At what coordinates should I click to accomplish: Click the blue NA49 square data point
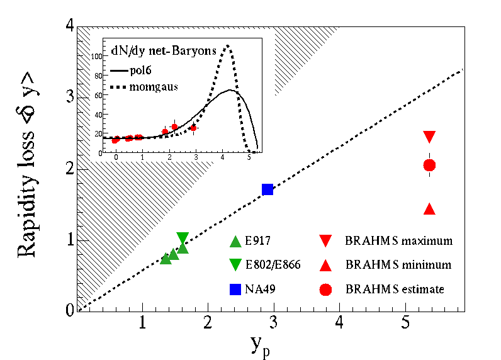tap(267, 189)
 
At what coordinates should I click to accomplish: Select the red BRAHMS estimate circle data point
tap(430, 165)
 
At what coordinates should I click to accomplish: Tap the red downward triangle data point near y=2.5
tap(430, 137)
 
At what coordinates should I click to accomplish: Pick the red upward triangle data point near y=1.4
tap(430, 209)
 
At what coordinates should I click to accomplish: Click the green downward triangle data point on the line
tap(183, 238)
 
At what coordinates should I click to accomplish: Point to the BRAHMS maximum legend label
tap(398, 241)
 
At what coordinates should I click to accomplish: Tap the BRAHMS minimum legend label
tap(398, 265)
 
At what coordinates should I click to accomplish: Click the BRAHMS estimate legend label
tap(395, 290)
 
